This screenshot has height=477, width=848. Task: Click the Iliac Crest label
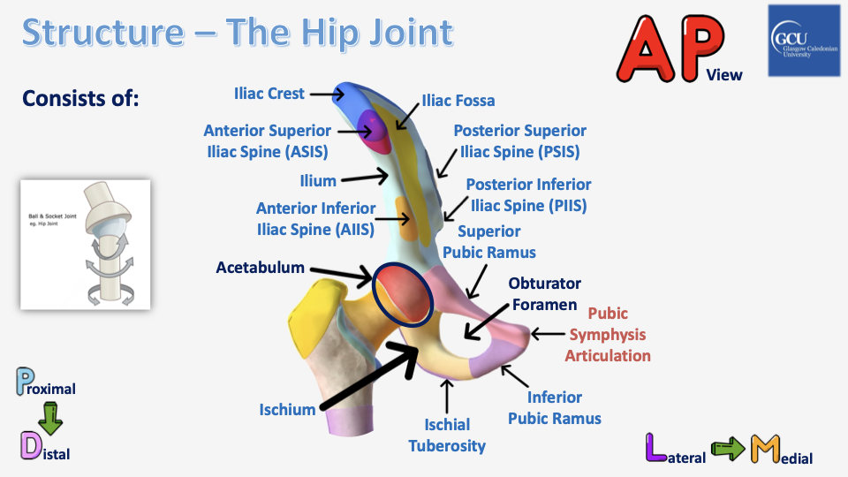pos(269,93)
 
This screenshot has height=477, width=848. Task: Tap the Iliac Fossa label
pos(458,101)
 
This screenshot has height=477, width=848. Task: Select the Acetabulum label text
pos(261,268)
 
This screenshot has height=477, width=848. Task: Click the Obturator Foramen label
pos(545,294)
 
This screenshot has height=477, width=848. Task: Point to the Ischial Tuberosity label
pos(447,435)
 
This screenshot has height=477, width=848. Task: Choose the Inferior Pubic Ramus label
pos(555,408)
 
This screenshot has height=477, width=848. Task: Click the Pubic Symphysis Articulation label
pos(608,335)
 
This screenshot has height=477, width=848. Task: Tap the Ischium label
pos(287,410)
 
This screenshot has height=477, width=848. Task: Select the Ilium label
pos(318,181)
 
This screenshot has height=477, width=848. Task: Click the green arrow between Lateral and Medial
pos(730,450)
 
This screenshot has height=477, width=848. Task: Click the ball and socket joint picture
pos(85,245)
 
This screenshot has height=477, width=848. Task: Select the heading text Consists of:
pos(81,97)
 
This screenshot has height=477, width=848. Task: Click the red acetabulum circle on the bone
pos(403,295)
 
